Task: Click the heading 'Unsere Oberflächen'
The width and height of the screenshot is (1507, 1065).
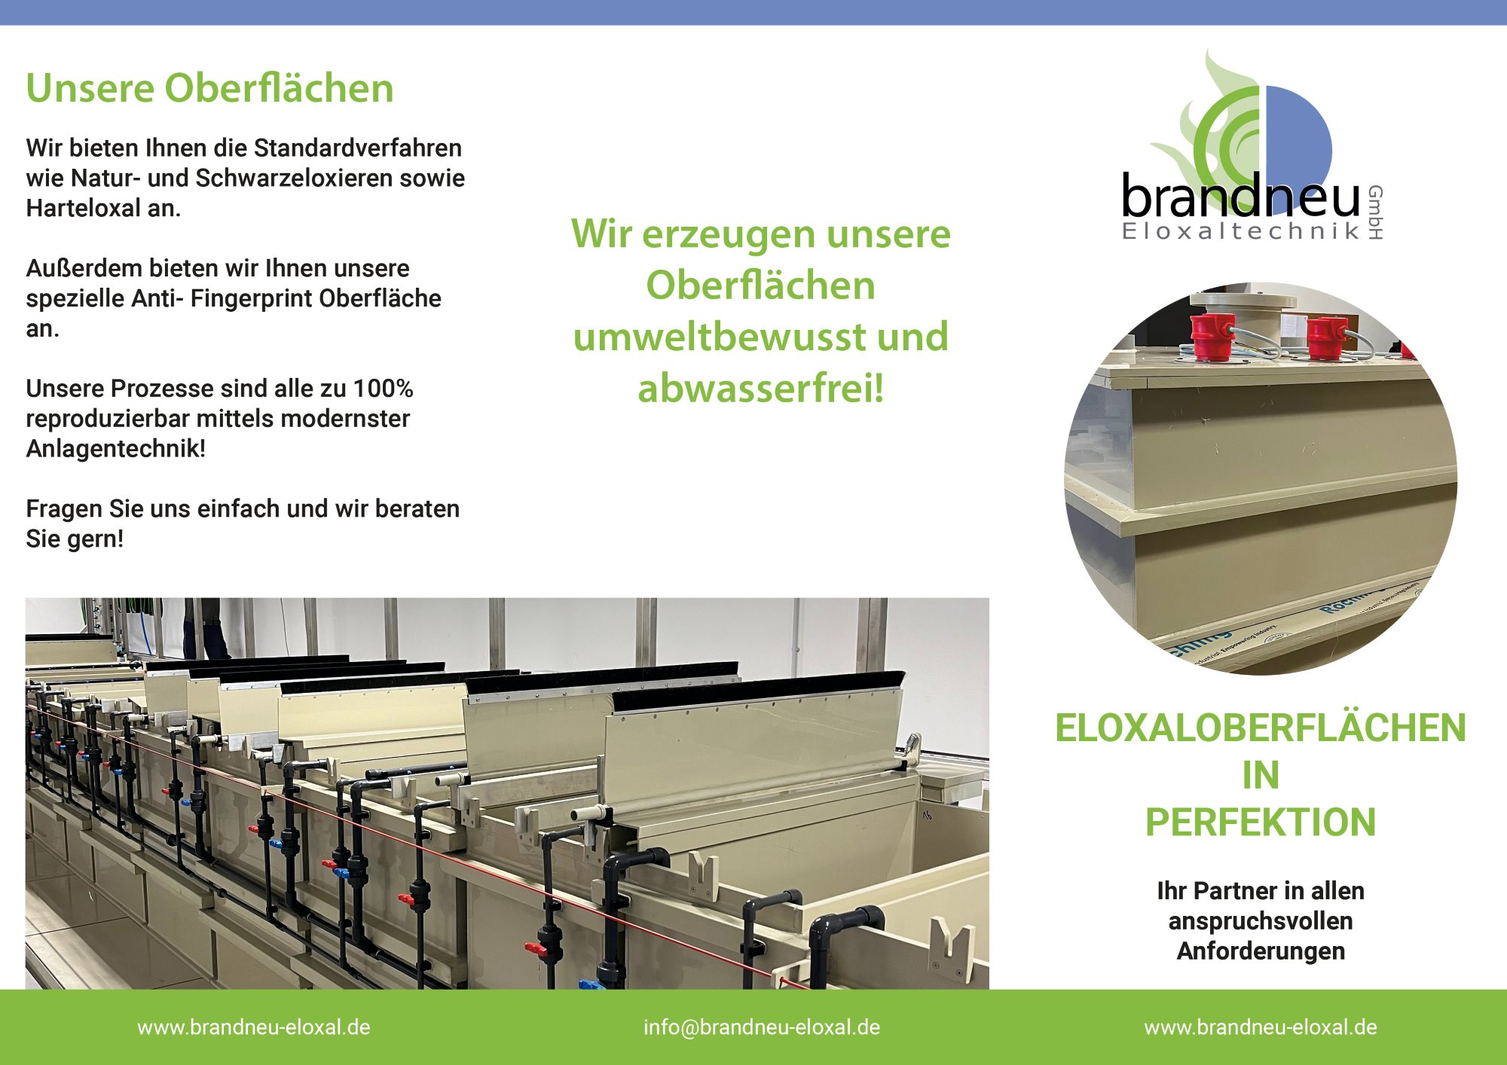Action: point(209,88)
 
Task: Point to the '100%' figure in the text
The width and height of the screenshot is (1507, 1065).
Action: point(383,389)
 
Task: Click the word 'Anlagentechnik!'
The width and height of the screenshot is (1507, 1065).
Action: point(115,449)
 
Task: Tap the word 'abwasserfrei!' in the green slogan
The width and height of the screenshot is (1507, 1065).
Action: point(760,389)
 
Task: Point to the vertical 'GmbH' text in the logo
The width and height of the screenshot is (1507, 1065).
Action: point(1375,212)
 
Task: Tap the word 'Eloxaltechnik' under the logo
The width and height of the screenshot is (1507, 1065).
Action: point(1240,230)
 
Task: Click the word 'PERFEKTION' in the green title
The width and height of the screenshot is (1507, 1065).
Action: point(1261,822)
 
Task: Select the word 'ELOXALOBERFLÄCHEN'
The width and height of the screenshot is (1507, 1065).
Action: point(1261,728)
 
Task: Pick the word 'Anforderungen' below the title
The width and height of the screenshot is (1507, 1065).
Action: point(1261,951)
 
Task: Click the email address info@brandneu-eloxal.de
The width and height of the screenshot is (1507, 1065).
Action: point(761,1027)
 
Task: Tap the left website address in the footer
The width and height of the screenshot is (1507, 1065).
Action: point(253,1027)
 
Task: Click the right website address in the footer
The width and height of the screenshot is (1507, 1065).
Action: point(1261,1027)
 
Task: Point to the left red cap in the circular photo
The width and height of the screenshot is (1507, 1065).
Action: point(1213,337)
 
